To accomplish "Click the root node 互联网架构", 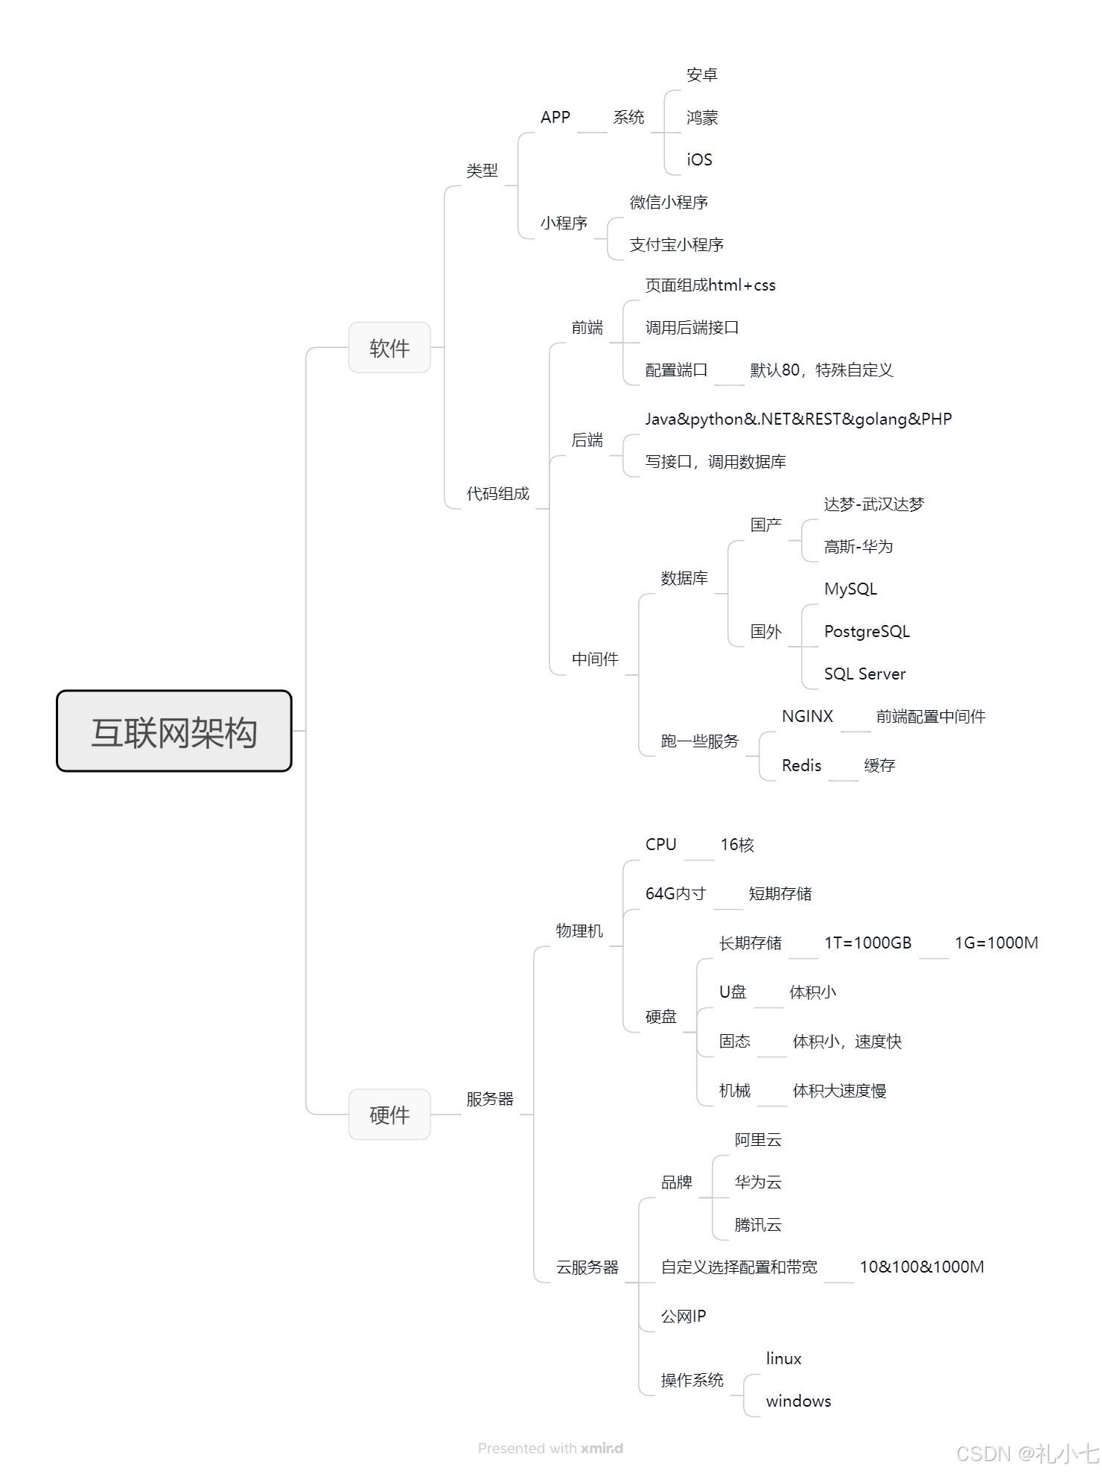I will pos(174,731).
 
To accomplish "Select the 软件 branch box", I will pos(389,347).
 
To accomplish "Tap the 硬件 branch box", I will pos(389,1115).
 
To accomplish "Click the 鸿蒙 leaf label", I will pos(702,117).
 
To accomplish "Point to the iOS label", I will pos(699,159).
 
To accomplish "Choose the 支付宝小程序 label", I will pos(676,244).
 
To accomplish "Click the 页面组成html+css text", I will pos(710,285).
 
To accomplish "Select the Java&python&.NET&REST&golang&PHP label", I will pos(798,419).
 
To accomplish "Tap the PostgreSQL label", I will pos(867,632).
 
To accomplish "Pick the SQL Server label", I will pos(864,674).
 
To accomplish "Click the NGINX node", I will pos(807,717).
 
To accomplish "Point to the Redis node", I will pos(801,766).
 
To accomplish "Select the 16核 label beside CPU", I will pos(737,845).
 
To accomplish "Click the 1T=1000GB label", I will pos(867,943).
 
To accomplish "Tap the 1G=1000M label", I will pos(996,943).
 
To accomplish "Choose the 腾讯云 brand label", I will pos(758,1225).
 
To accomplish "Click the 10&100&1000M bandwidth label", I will pos(922,1267).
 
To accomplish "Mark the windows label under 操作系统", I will pos(798,1401).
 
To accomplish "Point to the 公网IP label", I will pos(684,1317).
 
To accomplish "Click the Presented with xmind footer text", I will pos(550,1448).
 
